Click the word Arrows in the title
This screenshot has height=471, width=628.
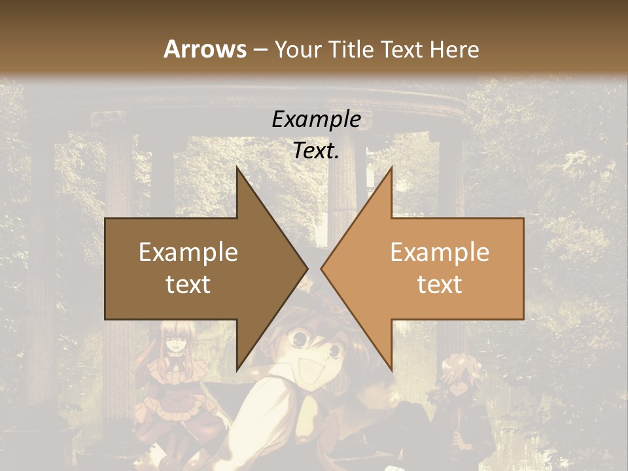(205, 49)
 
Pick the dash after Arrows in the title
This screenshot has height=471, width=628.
(260, 50)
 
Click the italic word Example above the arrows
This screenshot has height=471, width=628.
(316, 120)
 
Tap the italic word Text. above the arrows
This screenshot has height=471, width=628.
(316, 151)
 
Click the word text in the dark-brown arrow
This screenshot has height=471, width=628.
(188, 285)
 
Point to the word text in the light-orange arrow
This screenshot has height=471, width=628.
(440, 285)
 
